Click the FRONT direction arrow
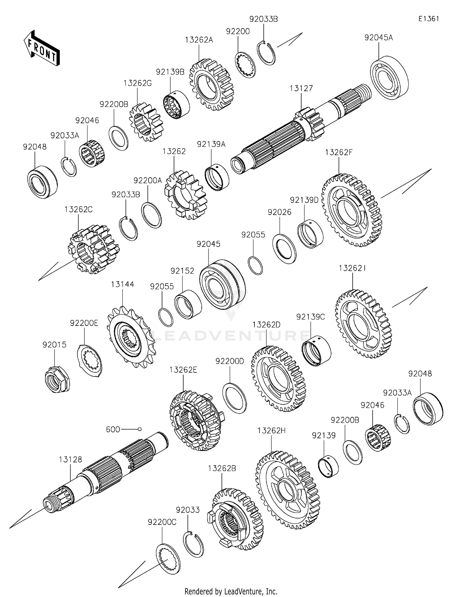pos(42,49)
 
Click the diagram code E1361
pos(428,19)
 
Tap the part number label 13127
pos(301,88)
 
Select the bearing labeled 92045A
pos(389,78)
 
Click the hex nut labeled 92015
pos(57,379)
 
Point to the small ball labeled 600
pos(140,429)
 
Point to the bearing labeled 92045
pos(222,284)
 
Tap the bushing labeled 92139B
pos(176,104)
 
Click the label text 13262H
pos(271,430)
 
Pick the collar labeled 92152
pos(188,304)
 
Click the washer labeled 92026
pos(284,249)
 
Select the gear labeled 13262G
pos(145,122)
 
